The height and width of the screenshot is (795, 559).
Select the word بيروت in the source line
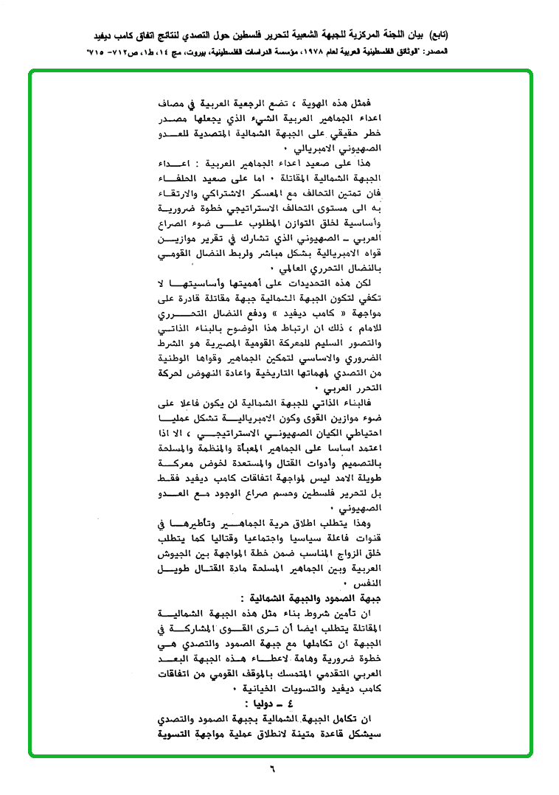(201, 53)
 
